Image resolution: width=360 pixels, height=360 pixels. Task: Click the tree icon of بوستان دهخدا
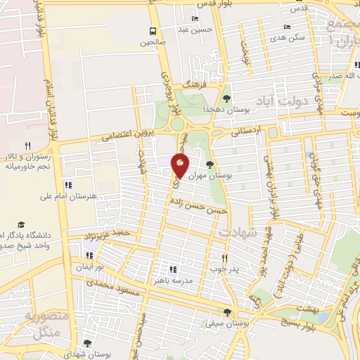point(226,98)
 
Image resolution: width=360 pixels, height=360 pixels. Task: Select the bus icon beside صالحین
point(153,31)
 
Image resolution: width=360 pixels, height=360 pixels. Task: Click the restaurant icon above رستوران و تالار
point(27,146)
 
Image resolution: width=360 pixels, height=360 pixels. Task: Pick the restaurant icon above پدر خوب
point(225,258)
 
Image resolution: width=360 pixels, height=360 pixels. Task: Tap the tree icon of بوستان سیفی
point(226,311)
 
